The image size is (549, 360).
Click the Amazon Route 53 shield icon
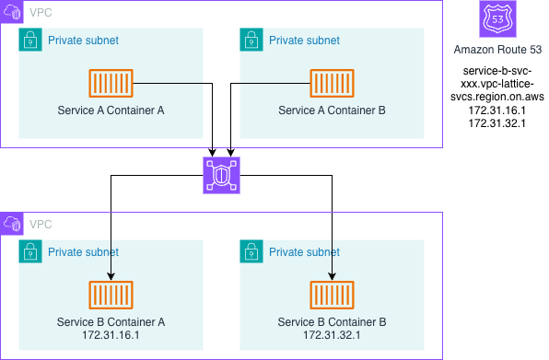[x=497, y=19]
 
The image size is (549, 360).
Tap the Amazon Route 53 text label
[x=497, y=50]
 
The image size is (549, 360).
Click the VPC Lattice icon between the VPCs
[x=221, y=175]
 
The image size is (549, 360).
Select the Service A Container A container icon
[x=111, y=83]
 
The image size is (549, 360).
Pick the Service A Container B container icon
[x=332, y=83]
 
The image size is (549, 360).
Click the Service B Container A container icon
[x=111, y=295]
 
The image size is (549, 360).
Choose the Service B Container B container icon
[x=332, y=295]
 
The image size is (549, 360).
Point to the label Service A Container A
[x=111, y=110]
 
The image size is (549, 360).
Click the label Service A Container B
[x=332, y=110]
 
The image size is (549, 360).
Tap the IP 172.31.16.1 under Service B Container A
[x=111, y=335]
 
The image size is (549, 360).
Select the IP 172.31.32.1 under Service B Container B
[x=332, y=335]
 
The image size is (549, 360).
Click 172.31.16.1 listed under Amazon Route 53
[x=497, y=110]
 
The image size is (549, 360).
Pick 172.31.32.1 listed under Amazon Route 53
[x=497, y=123]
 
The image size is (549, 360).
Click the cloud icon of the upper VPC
[x=12, y=12]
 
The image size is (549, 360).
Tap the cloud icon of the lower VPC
[x=12, y=224]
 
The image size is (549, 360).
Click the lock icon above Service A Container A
[x=30, y=40]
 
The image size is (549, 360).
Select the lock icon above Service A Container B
[x=251, y=40]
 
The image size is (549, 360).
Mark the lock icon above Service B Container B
[x=251, y=251]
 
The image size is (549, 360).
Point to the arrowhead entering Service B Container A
[x=111, y=276]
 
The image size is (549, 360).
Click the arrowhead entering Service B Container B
[x=332, y=276]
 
